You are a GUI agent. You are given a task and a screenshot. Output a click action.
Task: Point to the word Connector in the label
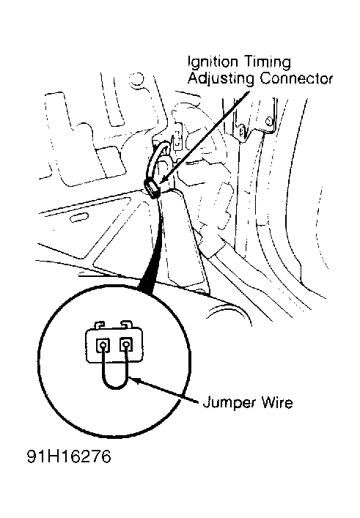click(296, 79)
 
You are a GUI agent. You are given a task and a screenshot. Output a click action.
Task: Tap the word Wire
click(276, 402)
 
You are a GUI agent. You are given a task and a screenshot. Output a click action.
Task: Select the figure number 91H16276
click(69, 457)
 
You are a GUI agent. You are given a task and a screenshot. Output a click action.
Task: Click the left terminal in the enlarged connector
click(103, 345)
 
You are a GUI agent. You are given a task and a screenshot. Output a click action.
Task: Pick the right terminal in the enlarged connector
click(126, 344)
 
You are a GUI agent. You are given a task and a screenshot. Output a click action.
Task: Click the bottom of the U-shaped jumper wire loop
click(114, 387)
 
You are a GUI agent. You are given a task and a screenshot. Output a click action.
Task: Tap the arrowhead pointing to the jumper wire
click(135, 380)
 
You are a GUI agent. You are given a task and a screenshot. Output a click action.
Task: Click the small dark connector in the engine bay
click(152, 188)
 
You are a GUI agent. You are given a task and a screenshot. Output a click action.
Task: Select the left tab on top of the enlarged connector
click(100, 325)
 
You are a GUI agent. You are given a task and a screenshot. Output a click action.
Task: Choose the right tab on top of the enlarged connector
click(125, 324)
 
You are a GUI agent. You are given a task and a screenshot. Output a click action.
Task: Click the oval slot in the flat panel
click(79, 218)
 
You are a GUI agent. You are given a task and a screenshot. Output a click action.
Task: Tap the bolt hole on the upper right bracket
click(269, 122)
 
